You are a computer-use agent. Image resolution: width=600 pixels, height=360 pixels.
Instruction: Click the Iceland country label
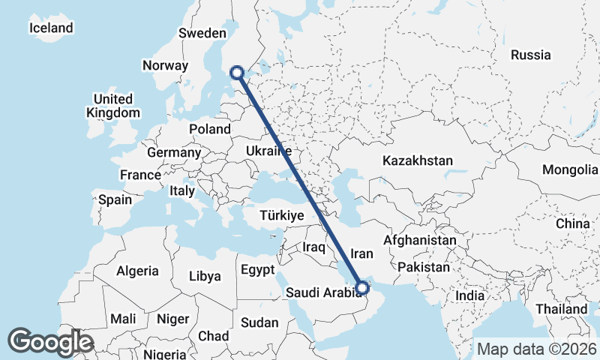click(52, 28)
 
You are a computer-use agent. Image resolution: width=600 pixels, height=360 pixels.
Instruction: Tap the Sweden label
click(202, 33)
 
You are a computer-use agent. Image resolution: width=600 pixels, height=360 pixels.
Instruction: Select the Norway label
click(165, 65)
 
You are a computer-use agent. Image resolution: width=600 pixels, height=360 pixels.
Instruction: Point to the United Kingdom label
click(113, 106)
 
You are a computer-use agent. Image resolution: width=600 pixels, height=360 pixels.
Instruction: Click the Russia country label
click(530, 55)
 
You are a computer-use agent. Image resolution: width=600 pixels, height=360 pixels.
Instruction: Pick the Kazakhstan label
click(418, 160)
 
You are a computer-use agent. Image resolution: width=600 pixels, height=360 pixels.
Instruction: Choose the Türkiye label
click(281, 215)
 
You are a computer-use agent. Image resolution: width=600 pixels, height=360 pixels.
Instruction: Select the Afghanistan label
click(420, 241)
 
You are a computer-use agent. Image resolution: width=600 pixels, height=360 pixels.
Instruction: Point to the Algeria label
click(138, 271)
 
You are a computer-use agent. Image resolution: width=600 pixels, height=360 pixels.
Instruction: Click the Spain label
click(115, 200)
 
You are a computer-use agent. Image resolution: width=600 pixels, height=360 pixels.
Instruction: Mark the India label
click(470, 295)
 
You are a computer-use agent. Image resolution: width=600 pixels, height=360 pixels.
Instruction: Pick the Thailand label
click(562, 309)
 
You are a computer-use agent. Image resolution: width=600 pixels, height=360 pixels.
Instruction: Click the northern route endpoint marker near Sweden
click(237, 73)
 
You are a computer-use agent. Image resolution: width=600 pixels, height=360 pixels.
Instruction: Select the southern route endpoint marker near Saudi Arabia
click(362, 286)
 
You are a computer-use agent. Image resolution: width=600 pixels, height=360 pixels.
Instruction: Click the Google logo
click(50, 342)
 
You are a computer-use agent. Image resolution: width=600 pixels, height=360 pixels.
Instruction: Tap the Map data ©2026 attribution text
click(537, 349)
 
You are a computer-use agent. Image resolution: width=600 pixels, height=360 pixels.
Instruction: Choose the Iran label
click(362, 253)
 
